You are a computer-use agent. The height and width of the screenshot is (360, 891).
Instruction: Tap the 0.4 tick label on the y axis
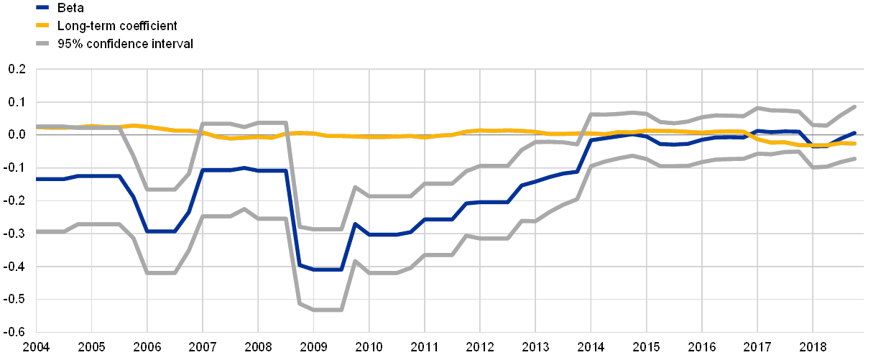click(x=17, y=200)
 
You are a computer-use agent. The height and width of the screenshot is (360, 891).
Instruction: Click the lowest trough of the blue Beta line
click(x=327, y=269)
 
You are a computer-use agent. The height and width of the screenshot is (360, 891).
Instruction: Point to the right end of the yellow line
click(x=854, y=144)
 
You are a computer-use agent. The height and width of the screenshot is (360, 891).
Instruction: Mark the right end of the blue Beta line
click(x=854, y=132)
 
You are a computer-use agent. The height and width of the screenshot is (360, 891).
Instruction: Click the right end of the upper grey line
click(x=854, y=106)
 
